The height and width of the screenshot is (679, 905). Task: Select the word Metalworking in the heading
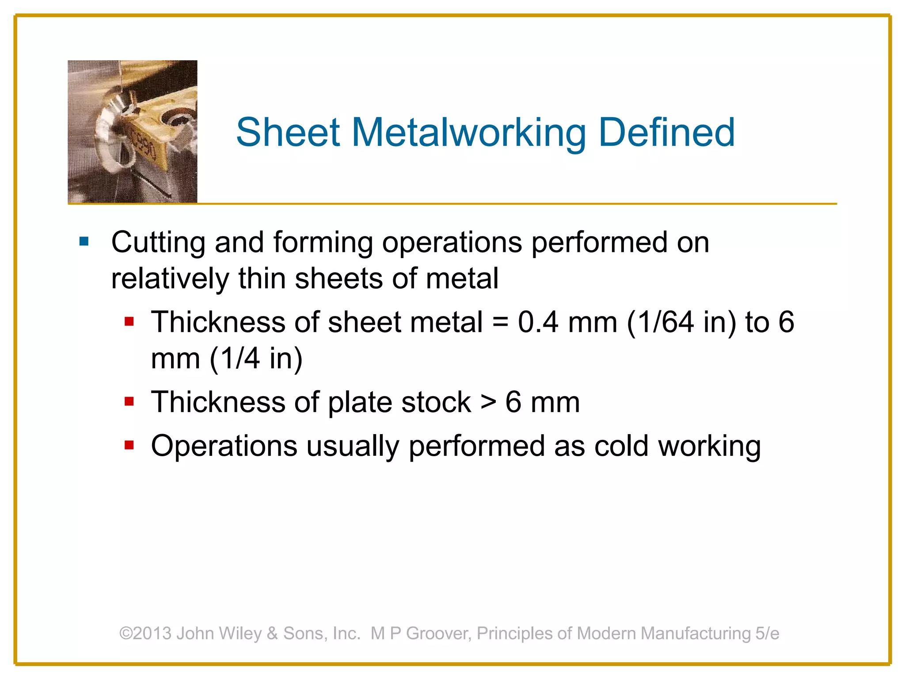coord(468,133)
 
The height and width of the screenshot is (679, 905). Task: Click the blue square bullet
coord(84,241)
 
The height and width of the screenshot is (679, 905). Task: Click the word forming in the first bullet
coord(323,243)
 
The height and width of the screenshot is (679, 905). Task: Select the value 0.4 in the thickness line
coord(538,322)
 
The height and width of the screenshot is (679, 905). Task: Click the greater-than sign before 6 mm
coord(488,402)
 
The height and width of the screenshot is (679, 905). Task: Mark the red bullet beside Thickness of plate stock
coord(129,401)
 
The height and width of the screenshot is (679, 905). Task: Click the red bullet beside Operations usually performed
coord(129,445)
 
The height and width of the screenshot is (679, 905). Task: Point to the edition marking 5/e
coord(767,633)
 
